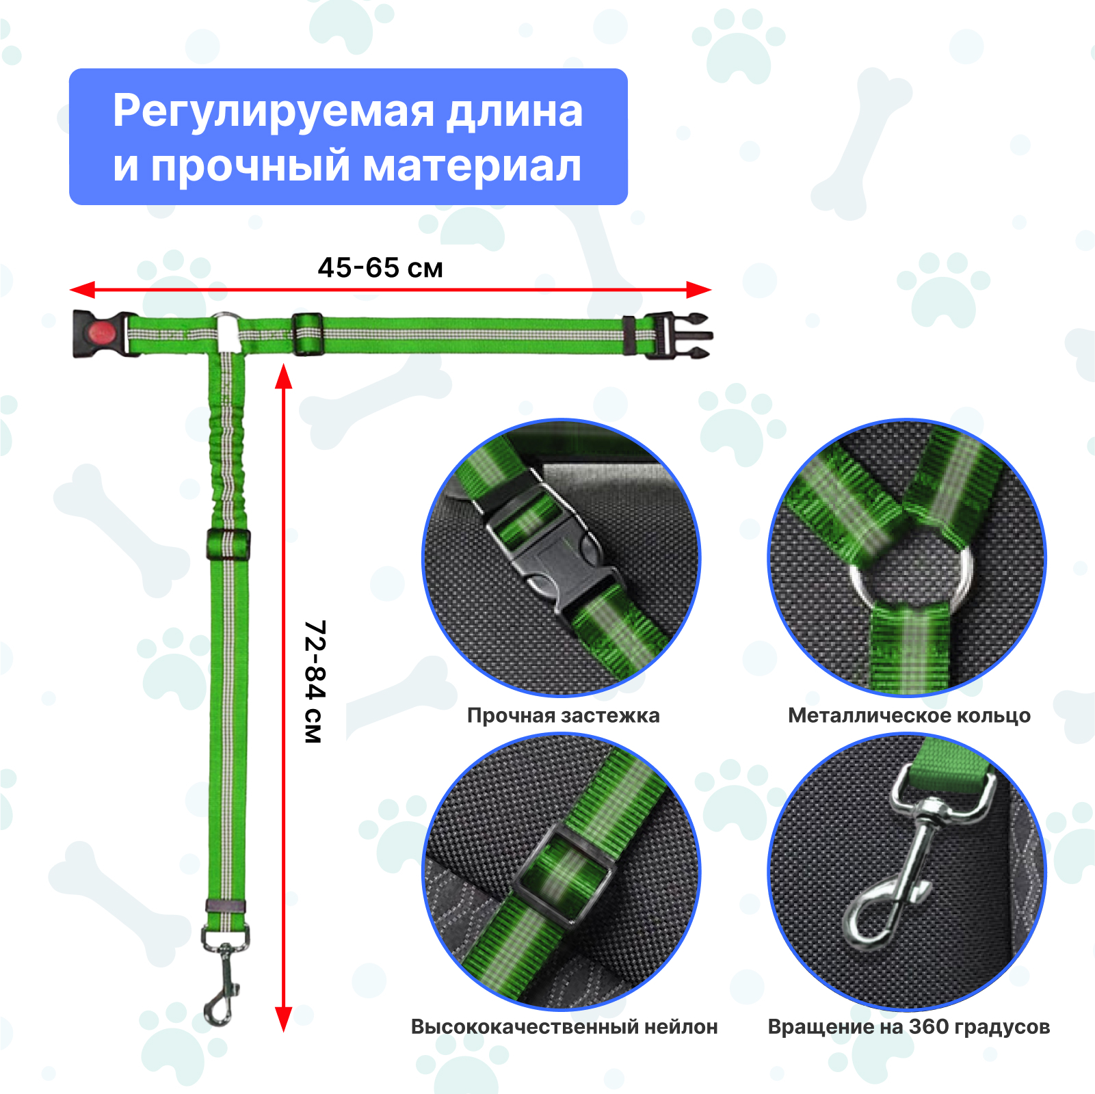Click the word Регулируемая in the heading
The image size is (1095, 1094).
(274, 111)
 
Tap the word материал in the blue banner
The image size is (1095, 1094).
(472, 165)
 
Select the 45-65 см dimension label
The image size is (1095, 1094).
(380, 267)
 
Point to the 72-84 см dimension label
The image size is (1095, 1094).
(315, 682)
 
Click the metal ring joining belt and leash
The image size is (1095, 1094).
(226, 332)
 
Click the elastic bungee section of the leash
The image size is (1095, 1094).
(227, 444)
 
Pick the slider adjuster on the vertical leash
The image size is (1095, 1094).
(228, 544)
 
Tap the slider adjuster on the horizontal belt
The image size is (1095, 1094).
(308, 334)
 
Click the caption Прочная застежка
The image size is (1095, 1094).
(564, 716)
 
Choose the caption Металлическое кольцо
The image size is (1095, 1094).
(909, 716)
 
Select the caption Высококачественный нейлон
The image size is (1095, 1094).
(564, 1027)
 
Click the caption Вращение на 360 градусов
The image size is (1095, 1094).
(909, 1027)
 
